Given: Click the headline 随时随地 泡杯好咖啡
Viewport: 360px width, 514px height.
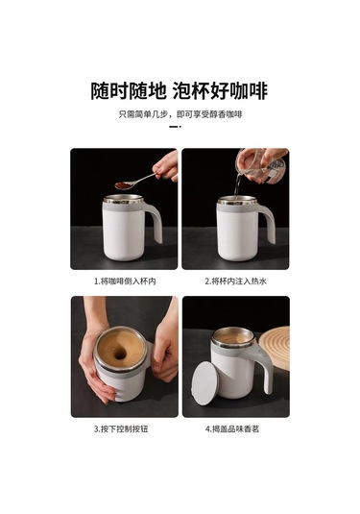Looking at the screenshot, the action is pyautogui.click(x=180, y=90).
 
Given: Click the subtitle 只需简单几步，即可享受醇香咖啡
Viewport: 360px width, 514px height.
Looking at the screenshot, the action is pyautogui.click(x=180, y=114).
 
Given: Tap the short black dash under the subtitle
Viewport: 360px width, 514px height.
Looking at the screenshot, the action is pyautogui.click(x=175, y=126).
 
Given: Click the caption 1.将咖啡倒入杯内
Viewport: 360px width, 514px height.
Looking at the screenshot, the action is pyautogui.click(x=125, y=281).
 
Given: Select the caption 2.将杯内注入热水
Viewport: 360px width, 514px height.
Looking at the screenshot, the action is pyautogui.click(x=236, y=281).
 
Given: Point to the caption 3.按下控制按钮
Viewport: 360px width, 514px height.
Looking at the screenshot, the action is pyautogui.click(x=121, y=428).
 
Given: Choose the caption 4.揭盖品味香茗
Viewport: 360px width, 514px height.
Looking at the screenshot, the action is pyautogui.click(x=232, y=428).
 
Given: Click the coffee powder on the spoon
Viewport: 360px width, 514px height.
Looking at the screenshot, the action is pyautogui.click(x=123, y=185).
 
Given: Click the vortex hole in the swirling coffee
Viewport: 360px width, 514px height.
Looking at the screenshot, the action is pyautogui.click(x=120, y=353).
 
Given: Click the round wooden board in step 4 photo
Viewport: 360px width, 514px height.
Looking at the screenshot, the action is pyautogui.click(x=276, y=348).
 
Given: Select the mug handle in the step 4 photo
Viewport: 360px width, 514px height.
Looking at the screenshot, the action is pyautogui.click(x=264, y=364).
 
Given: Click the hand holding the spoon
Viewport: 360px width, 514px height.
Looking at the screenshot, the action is pyautogui.click(x=167, y=167).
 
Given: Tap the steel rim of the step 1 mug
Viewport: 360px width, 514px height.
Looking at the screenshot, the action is pyautogui.click(x=124, y=199).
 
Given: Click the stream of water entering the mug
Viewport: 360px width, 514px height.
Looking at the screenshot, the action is pyautogui.click(x=237, y=185).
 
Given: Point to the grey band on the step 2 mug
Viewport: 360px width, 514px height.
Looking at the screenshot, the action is pyautogui.click(x=237, y=208).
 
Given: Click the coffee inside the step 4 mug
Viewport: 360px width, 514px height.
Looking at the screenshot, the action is pyautogui.click(x=233, y=338).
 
